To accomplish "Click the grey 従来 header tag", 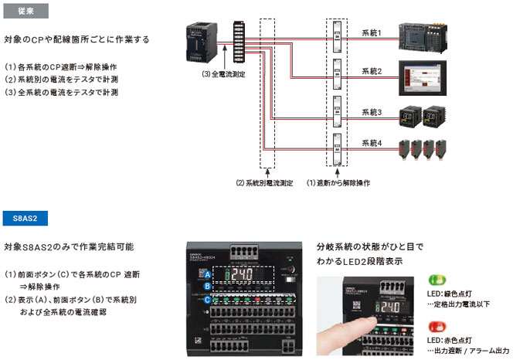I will [x=25, y=11].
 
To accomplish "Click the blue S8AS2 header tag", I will [x=25, y=218].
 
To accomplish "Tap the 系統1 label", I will [x=372, y=33].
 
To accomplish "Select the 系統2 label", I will [x=372, y=70].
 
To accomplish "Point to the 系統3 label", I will [x=372, y=113].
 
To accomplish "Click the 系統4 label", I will [x=372, y=142].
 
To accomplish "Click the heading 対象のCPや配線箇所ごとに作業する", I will [x=76, y=39].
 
